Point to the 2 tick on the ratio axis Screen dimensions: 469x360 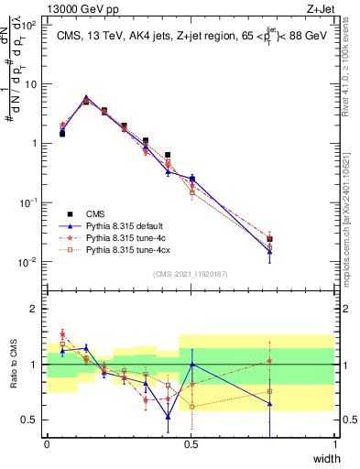(x=34, y=309)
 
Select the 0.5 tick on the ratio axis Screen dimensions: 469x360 (x=31, y=420)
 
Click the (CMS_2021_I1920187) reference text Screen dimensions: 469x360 (x=191, y=274)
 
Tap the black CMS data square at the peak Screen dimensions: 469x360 (x=86, y=101)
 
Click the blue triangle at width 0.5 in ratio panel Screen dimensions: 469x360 (x=191, y=365)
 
